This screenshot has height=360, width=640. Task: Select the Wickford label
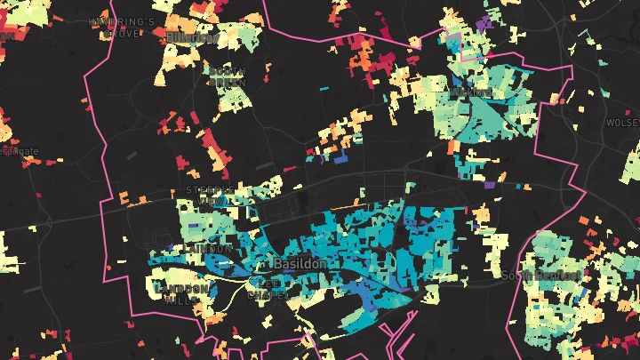(471, 92)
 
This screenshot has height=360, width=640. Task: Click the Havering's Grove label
(122, 27)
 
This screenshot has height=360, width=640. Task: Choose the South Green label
(228, 76)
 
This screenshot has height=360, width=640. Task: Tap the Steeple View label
(209, 196)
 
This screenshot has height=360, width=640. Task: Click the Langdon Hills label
(182, 293)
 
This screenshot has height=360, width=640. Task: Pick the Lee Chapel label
(267, 289)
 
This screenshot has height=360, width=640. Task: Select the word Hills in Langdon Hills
(182, 300)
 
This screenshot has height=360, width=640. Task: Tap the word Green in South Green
(228, 82)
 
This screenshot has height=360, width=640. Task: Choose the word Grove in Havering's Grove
(122, 33)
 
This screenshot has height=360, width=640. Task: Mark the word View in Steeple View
(212, 202)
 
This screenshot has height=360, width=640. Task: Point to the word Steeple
(207, 189)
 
